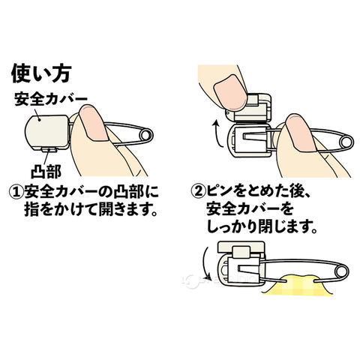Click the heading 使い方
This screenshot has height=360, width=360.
coord(41,73)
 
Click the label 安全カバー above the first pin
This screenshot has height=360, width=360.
coord(51,99)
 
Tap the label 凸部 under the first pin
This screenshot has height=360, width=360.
coord(46,171)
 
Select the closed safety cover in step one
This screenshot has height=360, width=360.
coord(47,132)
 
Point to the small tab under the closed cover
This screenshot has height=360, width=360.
coord(49,149)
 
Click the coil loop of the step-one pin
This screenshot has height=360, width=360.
coord(145,136)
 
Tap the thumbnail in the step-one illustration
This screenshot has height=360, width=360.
coord(93,122)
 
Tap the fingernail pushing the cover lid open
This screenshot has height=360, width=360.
coord(230,94)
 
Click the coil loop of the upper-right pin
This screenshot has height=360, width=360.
coord(346,142)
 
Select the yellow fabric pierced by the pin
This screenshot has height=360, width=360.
coord(298,286)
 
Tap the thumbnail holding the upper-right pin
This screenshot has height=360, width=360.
coord(301,133)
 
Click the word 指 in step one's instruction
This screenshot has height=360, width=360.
coord(31,210)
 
